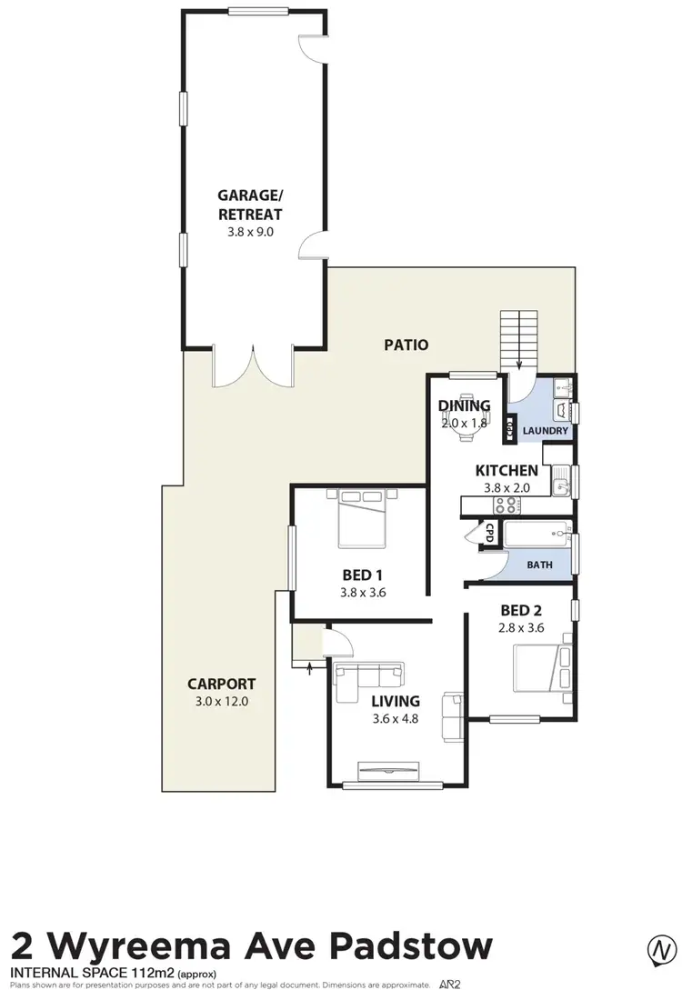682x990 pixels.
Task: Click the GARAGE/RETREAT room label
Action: pos(249,205)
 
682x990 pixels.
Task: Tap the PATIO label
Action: pos(406,345)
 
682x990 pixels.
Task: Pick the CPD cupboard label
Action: pos(488,533)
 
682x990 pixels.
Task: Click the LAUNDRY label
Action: pos(546,431)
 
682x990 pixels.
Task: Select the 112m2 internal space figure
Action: pos(139,974)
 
